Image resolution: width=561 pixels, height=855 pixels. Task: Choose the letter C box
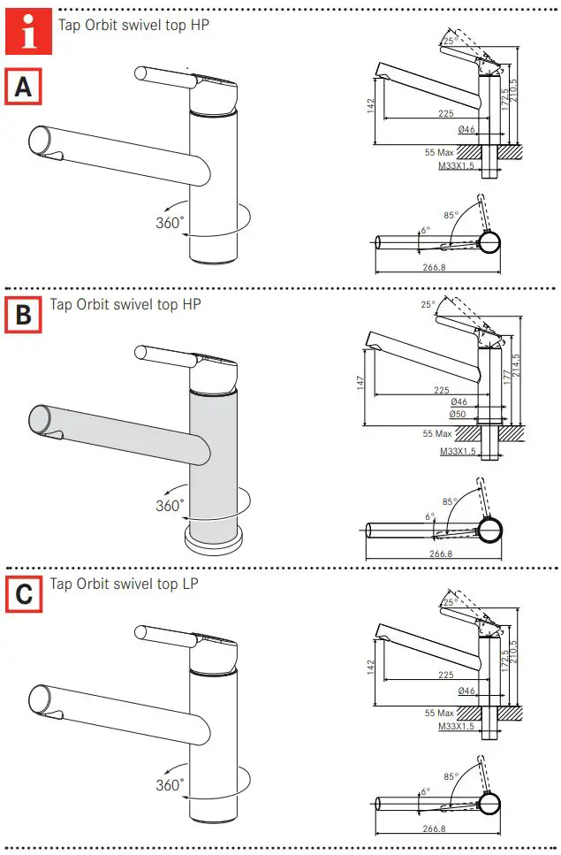[x=24, y=593]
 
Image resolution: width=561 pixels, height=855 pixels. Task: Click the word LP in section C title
[x=189, y=584]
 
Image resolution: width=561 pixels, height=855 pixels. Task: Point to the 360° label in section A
[x=170, y=223]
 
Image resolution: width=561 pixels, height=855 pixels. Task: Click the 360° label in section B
[x=170, y=506]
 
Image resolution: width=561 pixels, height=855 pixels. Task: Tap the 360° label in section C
[x=170, y=784]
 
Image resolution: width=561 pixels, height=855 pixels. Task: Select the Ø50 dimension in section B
[x=458, y=414]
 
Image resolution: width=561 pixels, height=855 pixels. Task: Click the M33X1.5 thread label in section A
[x=457, y=164]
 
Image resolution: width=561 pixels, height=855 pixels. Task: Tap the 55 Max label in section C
[x=438, y=712]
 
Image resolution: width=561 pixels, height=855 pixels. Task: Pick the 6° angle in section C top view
[x=425, y=791]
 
